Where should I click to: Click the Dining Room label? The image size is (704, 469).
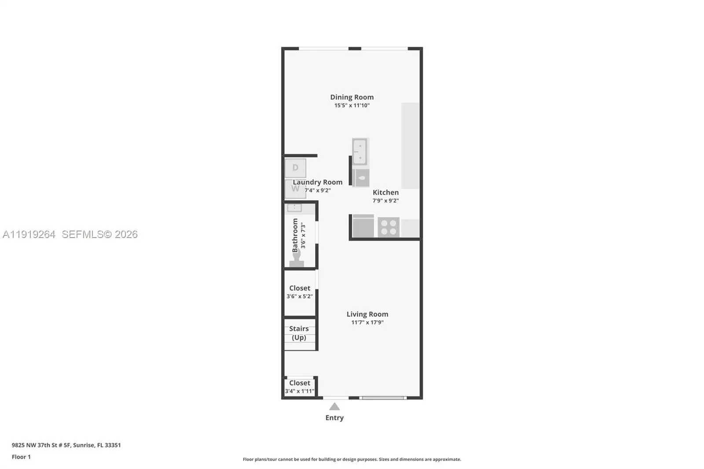pos(352,97)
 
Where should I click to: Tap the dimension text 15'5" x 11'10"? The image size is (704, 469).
pos(352,106)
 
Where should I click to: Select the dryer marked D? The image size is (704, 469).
pos(295,168)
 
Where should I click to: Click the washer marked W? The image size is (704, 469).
pos(295,189)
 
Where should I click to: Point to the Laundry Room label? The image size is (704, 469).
pos(317,182)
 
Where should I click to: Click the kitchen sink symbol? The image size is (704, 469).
pos(359,151)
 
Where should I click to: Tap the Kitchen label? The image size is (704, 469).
pos(385,192)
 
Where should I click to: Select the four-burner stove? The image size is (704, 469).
pos(388,227)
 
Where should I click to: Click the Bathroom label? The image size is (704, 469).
pos(295,235)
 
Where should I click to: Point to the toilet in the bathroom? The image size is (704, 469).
pos(297,259)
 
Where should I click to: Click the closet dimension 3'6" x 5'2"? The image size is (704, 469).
pos(300,297)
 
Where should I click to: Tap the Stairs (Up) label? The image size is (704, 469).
pos(299,333)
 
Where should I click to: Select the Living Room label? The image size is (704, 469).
pos(367,314)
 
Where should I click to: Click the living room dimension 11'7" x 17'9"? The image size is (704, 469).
pos(367,322)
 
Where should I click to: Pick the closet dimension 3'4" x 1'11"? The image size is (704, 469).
pos(300,391)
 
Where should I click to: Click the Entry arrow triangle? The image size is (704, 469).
pos(334,406)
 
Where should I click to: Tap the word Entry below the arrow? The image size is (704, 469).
pos(334,418)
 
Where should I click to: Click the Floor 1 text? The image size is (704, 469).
pos(21,457)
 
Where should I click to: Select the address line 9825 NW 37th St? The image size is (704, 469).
pos(66,445)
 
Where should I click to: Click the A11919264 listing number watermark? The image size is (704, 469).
pos(29,234)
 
